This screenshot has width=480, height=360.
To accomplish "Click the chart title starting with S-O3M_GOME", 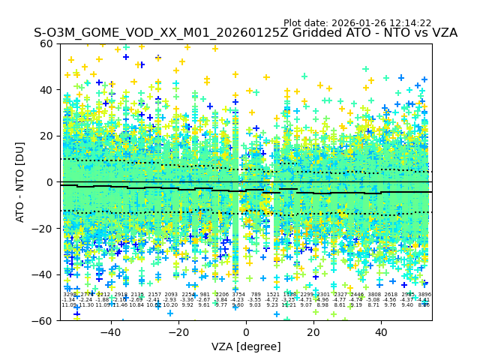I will (245, 33).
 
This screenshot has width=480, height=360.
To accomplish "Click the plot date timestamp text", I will (357, 23).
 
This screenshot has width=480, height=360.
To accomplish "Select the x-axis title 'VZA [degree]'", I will (245, 346).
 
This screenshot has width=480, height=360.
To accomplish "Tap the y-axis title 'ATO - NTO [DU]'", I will (21, 182).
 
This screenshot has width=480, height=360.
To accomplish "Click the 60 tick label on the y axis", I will (46, 43).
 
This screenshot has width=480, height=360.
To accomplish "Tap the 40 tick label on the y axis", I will (46, 90).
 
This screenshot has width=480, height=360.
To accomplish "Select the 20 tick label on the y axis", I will (46, 136).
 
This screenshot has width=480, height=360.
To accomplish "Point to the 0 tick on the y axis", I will (49, 182).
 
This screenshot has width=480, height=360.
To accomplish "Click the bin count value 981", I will (205, 295).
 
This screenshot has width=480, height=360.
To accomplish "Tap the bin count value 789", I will (256, 295).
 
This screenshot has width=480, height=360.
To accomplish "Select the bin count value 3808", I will (374, 295).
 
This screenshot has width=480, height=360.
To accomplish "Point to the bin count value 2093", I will (171, 295).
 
